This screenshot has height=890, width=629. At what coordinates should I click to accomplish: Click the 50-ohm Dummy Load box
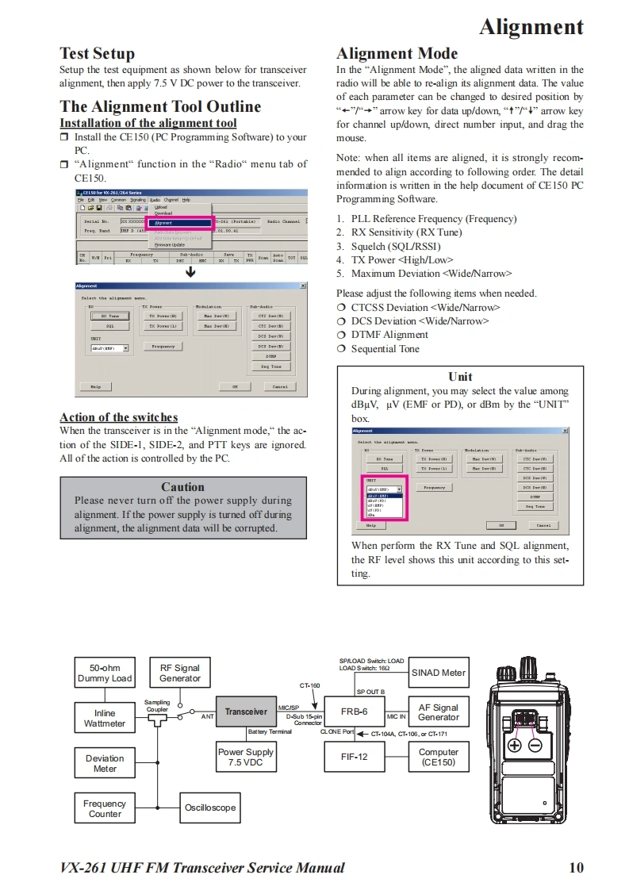[x=105, y=673]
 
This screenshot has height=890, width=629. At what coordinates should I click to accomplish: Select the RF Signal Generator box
[x=180, y=673]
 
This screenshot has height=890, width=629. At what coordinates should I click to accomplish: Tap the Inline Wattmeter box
[x=105, y=718]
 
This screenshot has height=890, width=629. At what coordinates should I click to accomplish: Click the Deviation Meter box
[x=105, y=763]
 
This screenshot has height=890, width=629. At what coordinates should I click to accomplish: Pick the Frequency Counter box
[x=105, y=808]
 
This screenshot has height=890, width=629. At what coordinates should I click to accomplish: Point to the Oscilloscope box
[x=210, y=808]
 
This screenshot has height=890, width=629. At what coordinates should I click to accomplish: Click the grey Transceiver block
[x=246, y=712]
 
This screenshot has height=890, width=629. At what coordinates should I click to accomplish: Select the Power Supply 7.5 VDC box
[x=246, y=757]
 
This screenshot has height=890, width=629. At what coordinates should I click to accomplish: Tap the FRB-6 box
[x=353, y=712]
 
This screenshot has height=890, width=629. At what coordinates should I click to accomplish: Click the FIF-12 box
[x=353, y=757]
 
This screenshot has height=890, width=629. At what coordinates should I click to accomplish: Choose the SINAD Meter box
[x=439, y=673]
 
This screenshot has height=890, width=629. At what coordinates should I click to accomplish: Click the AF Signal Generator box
[x=439, y=712]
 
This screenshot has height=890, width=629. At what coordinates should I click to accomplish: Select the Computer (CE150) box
[x=439, y=757]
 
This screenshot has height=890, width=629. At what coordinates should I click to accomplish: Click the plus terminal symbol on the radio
[x=514, y=746]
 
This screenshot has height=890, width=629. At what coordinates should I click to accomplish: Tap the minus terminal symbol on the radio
[x=535, y=746]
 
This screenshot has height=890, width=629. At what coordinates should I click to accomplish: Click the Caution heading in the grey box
[x=182, y=487]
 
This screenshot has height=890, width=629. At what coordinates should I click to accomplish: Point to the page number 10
[x=576, y=867]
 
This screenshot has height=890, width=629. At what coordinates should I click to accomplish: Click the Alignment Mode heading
[x=397, y=54]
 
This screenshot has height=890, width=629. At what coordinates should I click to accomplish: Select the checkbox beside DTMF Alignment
[x=342, y=335]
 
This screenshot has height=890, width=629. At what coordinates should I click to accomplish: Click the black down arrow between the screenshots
[x=190, y=273]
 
